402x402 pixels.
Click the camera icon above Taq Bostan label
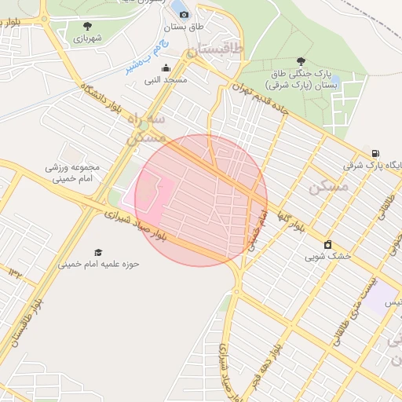point(185,14)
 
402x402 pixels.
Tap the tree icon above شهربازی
point(86,26)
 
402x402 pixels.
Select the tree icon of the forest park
point(301,60)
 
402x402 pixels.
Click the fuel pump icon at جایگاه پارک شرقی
point(375,154)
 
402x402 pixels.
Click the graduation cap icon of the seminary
point(98,252)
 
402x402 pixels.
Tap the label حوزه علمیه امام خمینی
point(98,265)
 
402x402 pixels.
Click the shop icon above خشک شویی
point(327,244)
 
